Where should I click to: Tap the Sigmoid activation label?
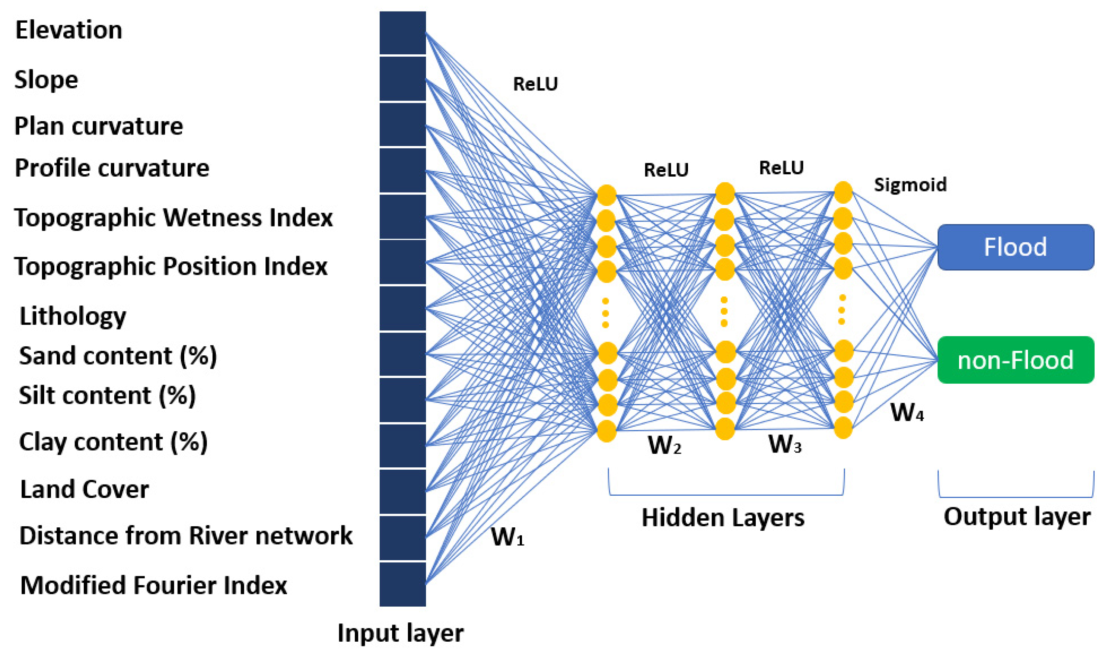point(910,185)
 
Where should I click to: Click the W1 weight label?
point(507,537)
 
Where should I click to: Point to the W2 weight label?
point(664,445)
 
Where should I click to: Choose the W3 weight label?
point(785,444)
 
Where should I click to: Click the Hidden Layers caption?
point(723,517)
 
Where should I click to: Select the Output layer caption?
point(1016,517)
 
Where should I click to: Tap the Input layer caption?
point(400,633)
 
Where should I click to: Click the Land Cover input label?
point(85,489)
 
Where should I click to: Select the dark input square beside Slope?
point(402,79)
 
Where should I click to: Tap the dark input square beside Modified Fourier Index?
point(402,584)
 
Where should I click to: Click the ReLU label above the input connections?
point(535,84)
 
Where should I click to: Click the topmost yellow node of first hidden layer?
point(606,195)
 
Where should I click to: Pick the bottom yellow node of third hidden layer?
point(843,428)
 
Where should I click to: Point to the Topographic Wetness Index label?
point(173,218)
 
